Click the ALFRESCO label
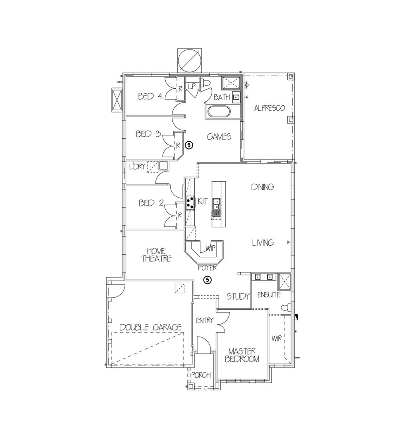click(269, 108)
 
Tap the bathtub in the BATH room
click(218, 112)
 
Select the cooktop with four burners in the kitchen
click(190, 202)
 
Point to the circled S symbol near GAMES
click(189, 145)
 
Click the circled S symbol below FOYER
click(208, 280)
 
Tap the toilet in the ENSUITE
click(286, 308)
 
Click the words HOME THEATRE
click(156, 255)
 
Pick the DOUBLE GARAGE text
click(150, 327)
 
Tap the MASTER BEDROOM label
click(242, 355)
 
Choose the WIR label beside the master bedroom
click(277, 339)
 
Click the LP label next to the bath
click(192, 86)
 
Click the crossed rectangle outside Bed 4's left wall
click(115, 100)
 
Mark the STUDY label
click(238, 297)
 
